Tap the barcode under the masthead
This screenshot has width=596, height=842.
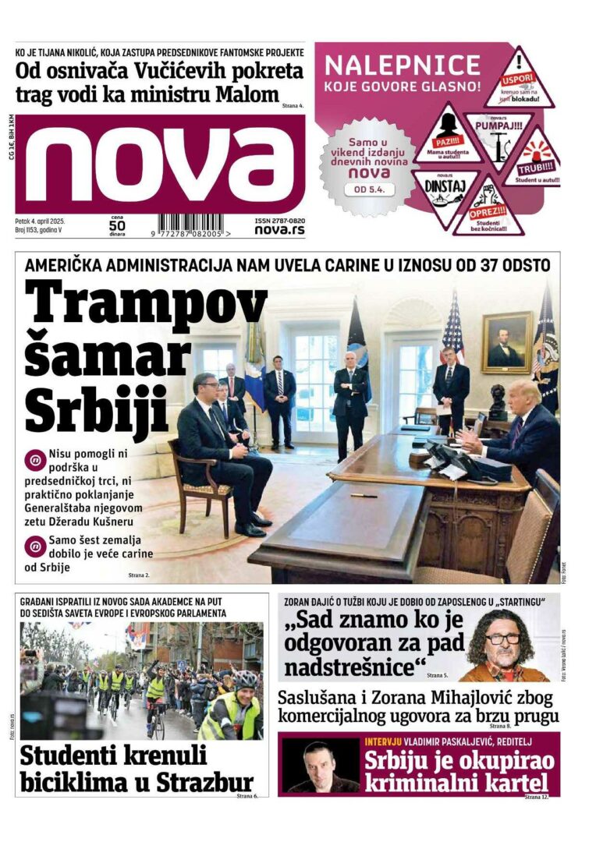[191, 225]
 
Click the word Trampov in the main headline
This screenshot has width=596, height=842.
[146, 300]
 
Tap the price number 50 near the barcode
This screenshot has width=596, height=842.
[117, 226]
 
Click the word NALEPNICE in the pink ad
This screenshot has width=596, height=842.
[402, 65]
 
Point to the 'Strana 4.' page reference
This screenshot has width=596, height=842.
[293, 104]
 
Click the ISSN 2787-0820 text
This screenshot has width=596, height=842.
[279, 221]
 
